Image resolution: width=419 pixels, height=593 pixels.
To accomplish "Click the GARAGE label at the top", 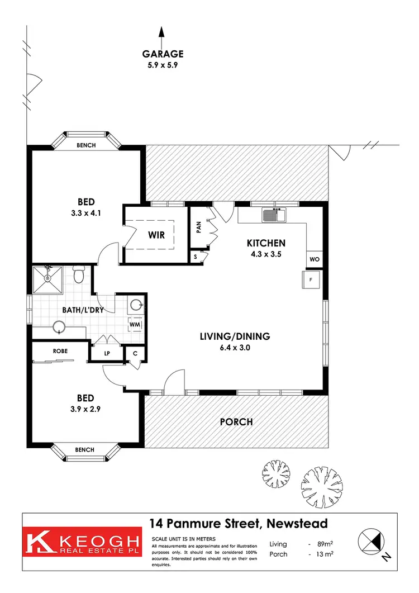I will coord(163,54).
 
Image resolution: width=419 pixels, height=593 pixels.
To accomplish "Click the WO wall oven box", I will coord(315,259).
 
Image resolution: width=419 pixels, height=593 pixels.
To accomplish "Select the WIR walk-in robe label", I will coord(156,235).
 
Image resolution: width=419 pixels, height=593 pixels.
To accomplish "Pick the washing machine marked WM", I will coord(135,324).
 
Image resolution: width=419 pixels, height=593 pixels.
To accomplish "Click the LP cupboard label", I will coord(107,353).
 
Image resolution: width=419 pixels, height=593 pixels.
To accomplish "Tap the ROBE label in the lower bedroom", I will coord(60,352).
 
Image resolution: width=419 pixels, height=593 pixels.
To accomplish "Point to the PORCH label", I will coord(237,421).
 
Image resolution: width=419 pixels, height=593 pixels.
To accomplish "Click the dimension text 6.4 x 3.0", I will coord(235,347).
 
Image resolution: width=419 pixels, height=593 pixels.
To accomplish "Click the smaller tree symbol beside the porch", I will coord(276,476).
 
